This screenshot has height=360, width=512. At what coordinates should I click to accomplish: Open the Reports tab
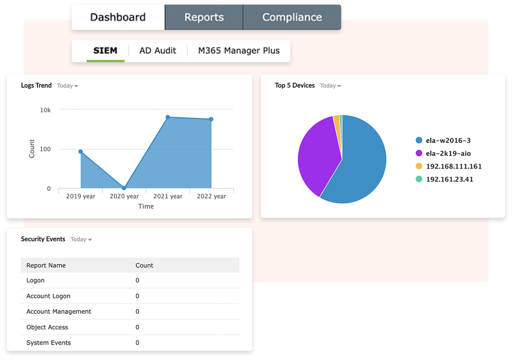pos(204,18)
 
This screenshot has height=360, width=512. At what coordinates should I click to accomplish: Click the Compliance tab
pos(292,18)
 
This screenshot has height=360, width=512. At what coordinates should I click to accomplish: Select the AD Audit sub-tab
pos(157,51)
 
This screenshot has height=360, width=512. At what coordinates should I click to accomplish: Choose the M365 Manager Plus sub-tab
pos(239,51)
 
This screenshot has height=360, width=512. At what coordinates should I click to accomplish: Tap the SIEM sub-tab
pos(105,51)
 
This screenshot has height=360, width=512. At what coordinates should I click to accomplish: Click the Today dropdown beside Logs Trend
pos(68,86)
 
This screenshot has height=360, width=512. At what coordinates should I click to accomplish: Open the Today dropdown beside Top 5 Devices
pos(331,86)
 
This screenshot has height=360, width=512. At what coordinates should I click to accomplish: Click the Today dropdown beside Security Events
pos(81,239)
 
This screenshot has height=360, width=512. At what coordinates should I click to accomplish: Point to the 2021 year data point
pos(168,117)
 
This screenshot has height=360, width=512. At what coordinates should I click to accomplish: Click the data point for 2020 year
pos(124,188)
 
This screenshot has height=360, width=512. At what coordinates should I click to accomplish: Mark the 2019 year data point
pos(81,152)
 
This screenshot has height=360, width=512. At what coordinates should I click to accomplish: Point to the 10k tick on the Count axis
pos(45,110)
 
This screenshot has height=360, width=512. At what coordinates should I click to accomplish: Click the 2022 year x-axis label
pos(211,196)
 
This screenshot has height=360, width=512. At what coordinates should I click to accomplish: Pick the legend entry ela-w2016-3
pos(448,140)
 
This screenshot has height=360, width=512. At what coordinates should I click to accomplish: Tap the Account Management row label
pos(59,312)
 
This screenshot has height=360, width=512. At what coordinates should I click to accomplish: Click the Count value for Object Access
pos(137,327)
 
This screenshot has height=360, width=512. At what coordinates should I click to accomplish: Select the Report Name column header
pos(46,266)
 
